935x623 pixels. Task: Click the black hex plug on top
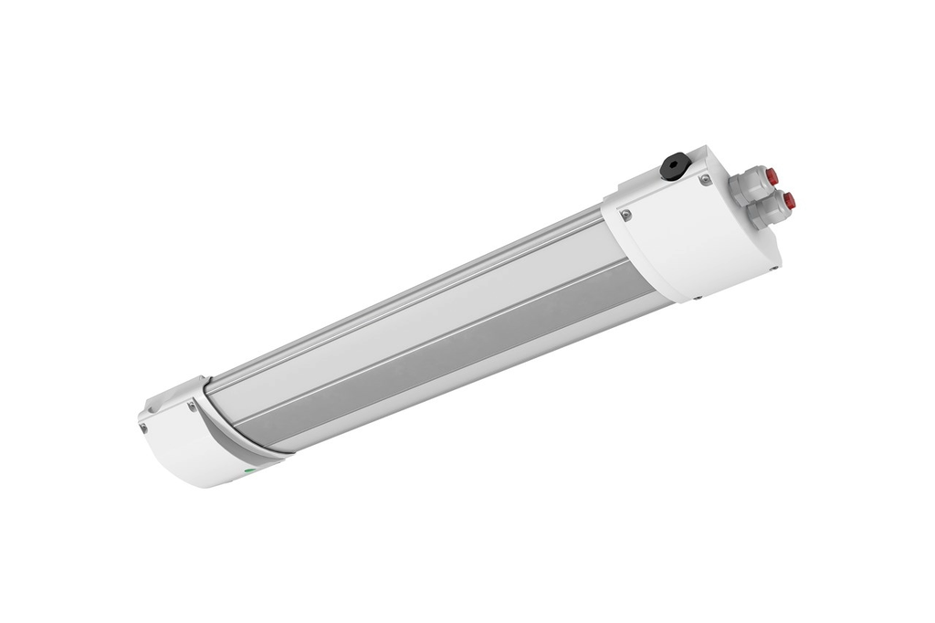point(675,166)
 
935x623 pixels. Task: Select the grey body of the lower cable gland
point(765,213)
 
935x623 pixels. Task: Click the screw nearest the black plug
point(705,178)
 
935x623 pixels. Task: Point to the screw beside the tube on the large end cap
point(625,215)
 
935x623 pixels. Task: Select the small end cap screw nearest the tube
point(191,406)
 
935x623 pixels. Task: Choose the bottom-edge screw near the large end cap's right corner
point(774,268)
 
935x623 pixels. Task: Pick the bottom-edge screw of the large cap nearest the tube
point(698,298)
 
